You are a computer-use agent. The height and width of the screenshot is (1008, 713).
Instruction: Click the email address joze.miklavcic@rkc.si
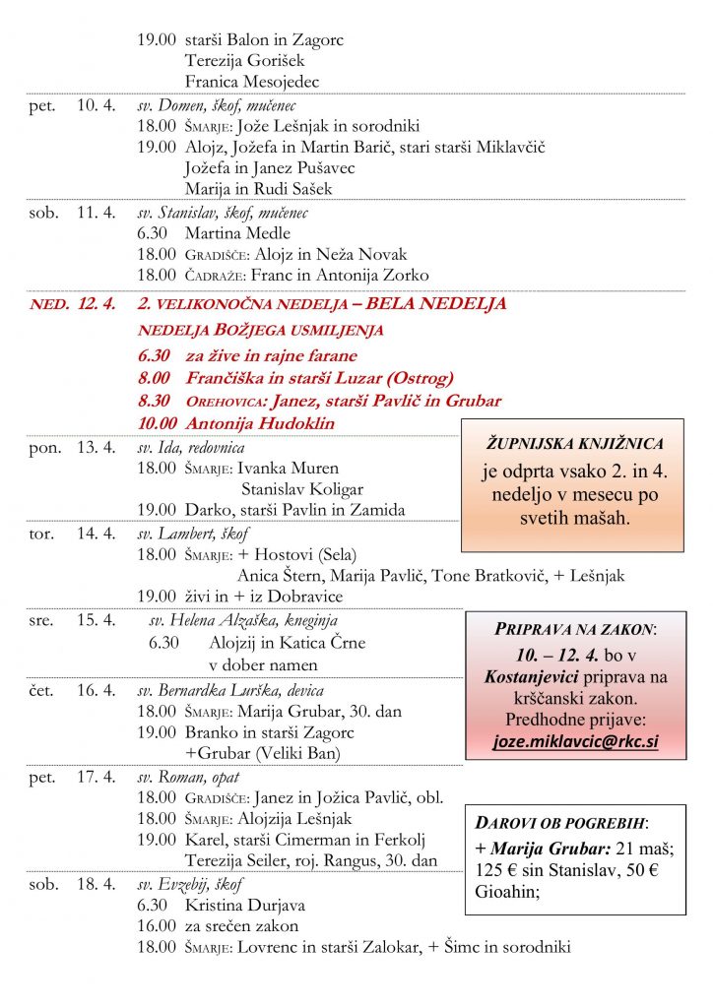(x=575, y=741)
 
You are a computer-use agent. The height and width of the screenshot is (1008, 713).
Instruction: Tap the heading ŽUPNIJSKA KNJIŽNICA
(x=573, y=444)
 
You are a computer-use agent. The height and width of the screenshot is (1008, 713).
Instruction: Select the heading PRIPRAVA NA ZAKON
(x=574, y=629)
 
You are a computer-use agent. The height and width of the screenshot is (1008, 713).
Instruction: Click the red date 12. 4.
(x=97, y=304)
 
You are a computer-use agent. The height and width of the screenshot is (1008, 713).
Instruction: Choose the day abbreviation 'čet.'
(x=43, y=690)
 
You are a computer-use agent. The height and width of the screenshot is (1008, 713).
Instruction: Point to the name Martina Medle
(x=237, y=233)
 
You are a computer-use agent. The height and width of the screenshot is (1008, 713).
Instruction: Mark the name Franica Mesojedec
(x=251, y=82)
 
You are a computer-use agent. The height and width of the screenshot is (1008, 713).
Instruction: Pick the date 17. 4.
(x=97, y=778)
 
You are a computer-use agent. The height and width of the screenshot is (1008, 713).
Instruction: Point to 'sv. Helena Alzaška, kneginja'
(x=243, y=620)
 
